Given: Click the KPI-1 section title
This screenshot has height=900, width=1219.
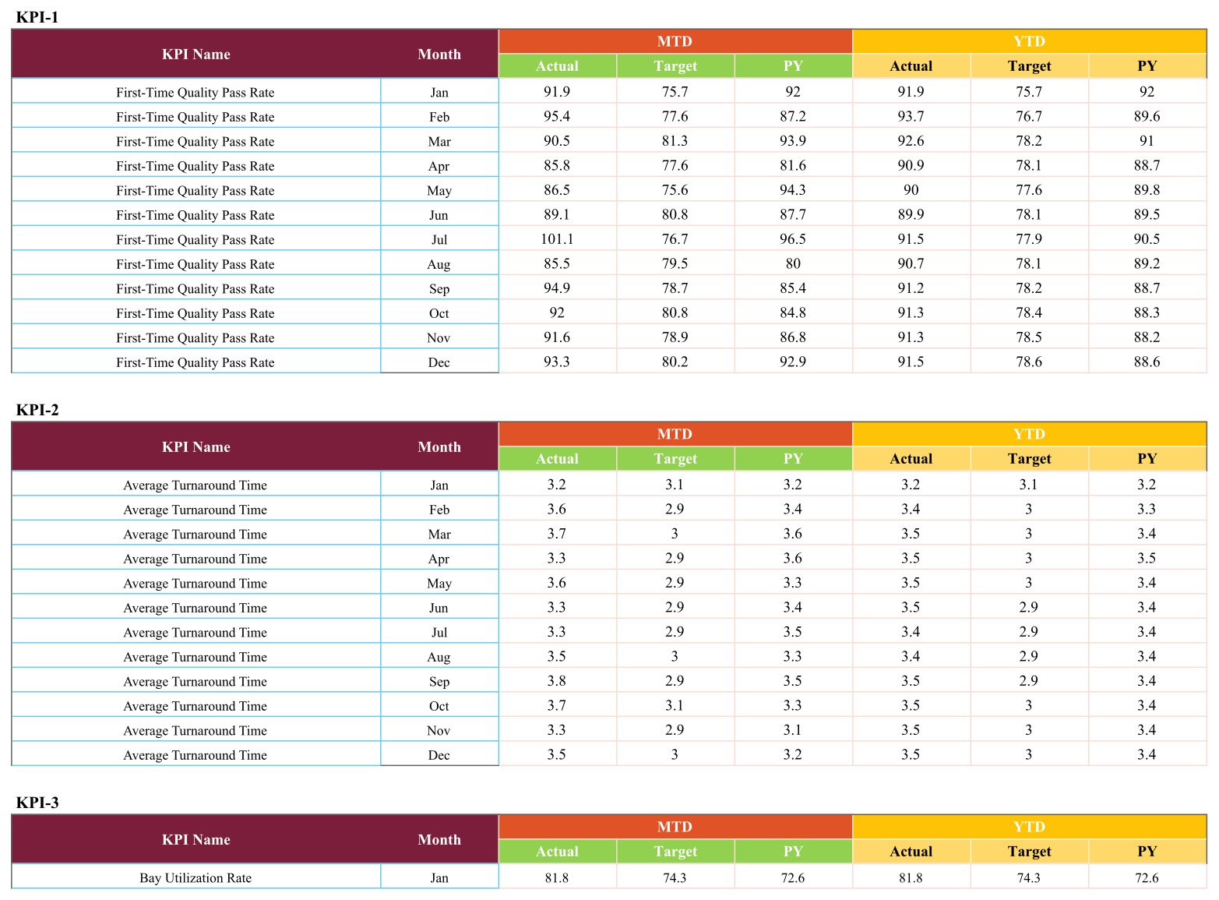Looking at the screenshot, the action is click(37, 17).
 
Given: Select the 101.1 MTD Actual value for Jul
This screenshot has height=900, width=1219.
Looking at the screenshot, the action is click(557, 239).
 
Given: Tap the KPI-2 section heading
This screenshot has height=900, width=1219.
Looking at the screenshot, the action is click(37, 410).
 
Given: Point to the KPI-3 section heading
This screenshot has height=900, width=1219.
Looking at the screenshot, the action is click(37, 802).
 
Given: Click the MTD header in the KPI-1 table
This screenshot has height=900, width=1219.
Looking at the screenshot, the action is click(675, 41).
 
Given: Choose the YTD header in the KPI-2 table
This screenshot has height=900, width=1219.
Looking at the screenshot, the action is click(1029, 434).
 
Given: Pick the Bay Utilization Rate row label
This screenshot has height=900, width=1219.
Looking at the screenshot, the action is click(195, 877).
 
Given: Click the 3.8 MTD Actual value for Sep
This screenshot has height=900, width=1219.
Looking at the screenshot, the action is click(556, 680).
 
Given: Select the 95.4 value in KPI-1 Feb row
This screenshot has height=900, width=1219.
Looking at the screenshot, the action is click(557, 117).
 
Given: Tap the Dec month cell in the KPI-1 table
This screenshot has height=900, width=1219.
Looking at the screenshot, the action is click(439, 362).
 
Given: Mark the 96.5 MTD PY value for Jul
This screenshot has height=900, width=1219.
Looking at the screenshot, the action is click(792, 239).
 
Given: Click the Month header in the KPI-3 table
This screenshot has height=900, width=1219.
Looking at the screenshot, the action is click(439, 839).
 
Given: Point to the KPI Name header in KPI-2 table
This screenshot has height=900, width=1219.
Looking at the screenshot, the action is click(196, 447).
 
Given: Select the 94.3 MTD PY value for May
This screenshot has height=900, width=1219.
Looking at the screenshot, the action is click(792, 190).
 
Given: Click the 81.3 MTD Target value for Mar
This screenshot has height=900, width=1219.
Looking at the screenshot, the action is click(675, 141).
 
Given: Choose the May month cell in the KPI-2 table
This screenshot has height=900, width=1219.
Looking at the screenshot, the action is click(439, 584).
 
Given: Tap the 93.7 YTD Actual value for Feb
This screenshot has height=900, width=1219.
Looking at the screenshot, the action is click(911, 117).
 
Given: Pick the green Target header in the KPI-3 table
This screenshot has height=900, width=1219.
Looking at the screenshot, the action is click(675, 851).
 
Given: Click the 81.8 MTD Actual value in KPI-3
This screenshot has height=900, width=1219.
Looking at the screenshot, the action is click(557, 878).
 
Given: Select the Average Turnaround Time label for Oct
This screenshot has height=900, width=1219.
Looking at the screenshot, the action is click(195, 706).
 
